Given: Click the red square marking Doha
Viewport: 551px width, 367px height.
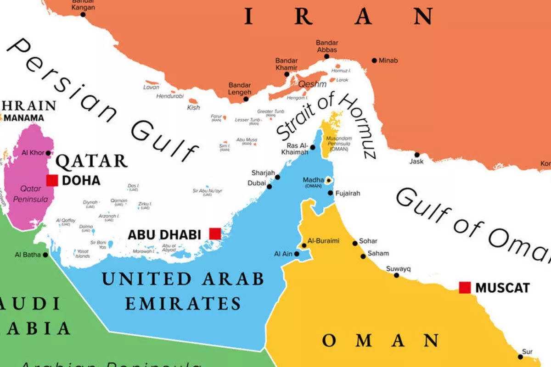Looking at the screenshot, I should (x=52, y=180).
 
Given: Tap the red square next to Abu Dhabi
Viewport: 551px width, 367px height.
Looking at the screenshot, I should (x=215, y=234).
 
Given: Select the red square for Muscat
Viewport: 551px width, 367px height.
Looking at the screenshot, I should (x=465, y=288).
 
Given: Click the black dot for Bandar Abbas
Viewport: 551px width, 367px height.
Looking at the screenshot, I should (x=326, y=57).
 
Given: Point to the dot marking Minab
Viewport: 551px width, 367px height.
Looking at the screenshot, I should (x=374, y=61).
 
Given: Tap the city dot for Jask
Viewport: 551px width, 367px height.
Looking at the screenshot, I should (x=417, y=155).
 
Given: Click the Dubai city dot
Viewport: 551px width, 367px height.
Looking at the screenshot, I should (x=270, y=186).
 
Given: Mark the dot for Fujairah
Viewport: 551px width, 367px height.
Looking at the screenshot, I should (x=331, y=193).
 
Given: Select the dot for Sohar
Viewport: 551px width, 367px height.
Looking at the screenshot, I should (x=354, y=244).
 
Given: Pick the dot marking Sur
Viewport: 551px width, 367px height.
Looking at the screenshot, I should (x=520, y=356).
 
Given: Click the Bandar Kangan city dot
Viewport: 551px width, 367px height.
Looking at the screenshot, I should (x=83, y=15).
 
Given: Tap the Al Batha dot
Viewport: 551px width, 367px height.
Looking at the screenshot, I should (x=45, y=255).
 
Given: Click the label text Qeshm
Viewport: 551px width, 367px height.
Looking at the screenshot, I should (x=312, y=84).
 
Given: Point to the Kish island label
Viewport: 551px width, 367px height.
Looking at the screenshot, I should (x=193, y=108).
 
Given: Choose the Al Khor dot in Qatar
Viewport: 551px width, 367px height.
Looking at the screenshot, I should (x=48, y=153).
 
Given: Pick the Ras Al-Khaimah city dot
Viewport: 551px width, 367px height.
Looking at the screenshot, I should (x=313, y=147).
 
